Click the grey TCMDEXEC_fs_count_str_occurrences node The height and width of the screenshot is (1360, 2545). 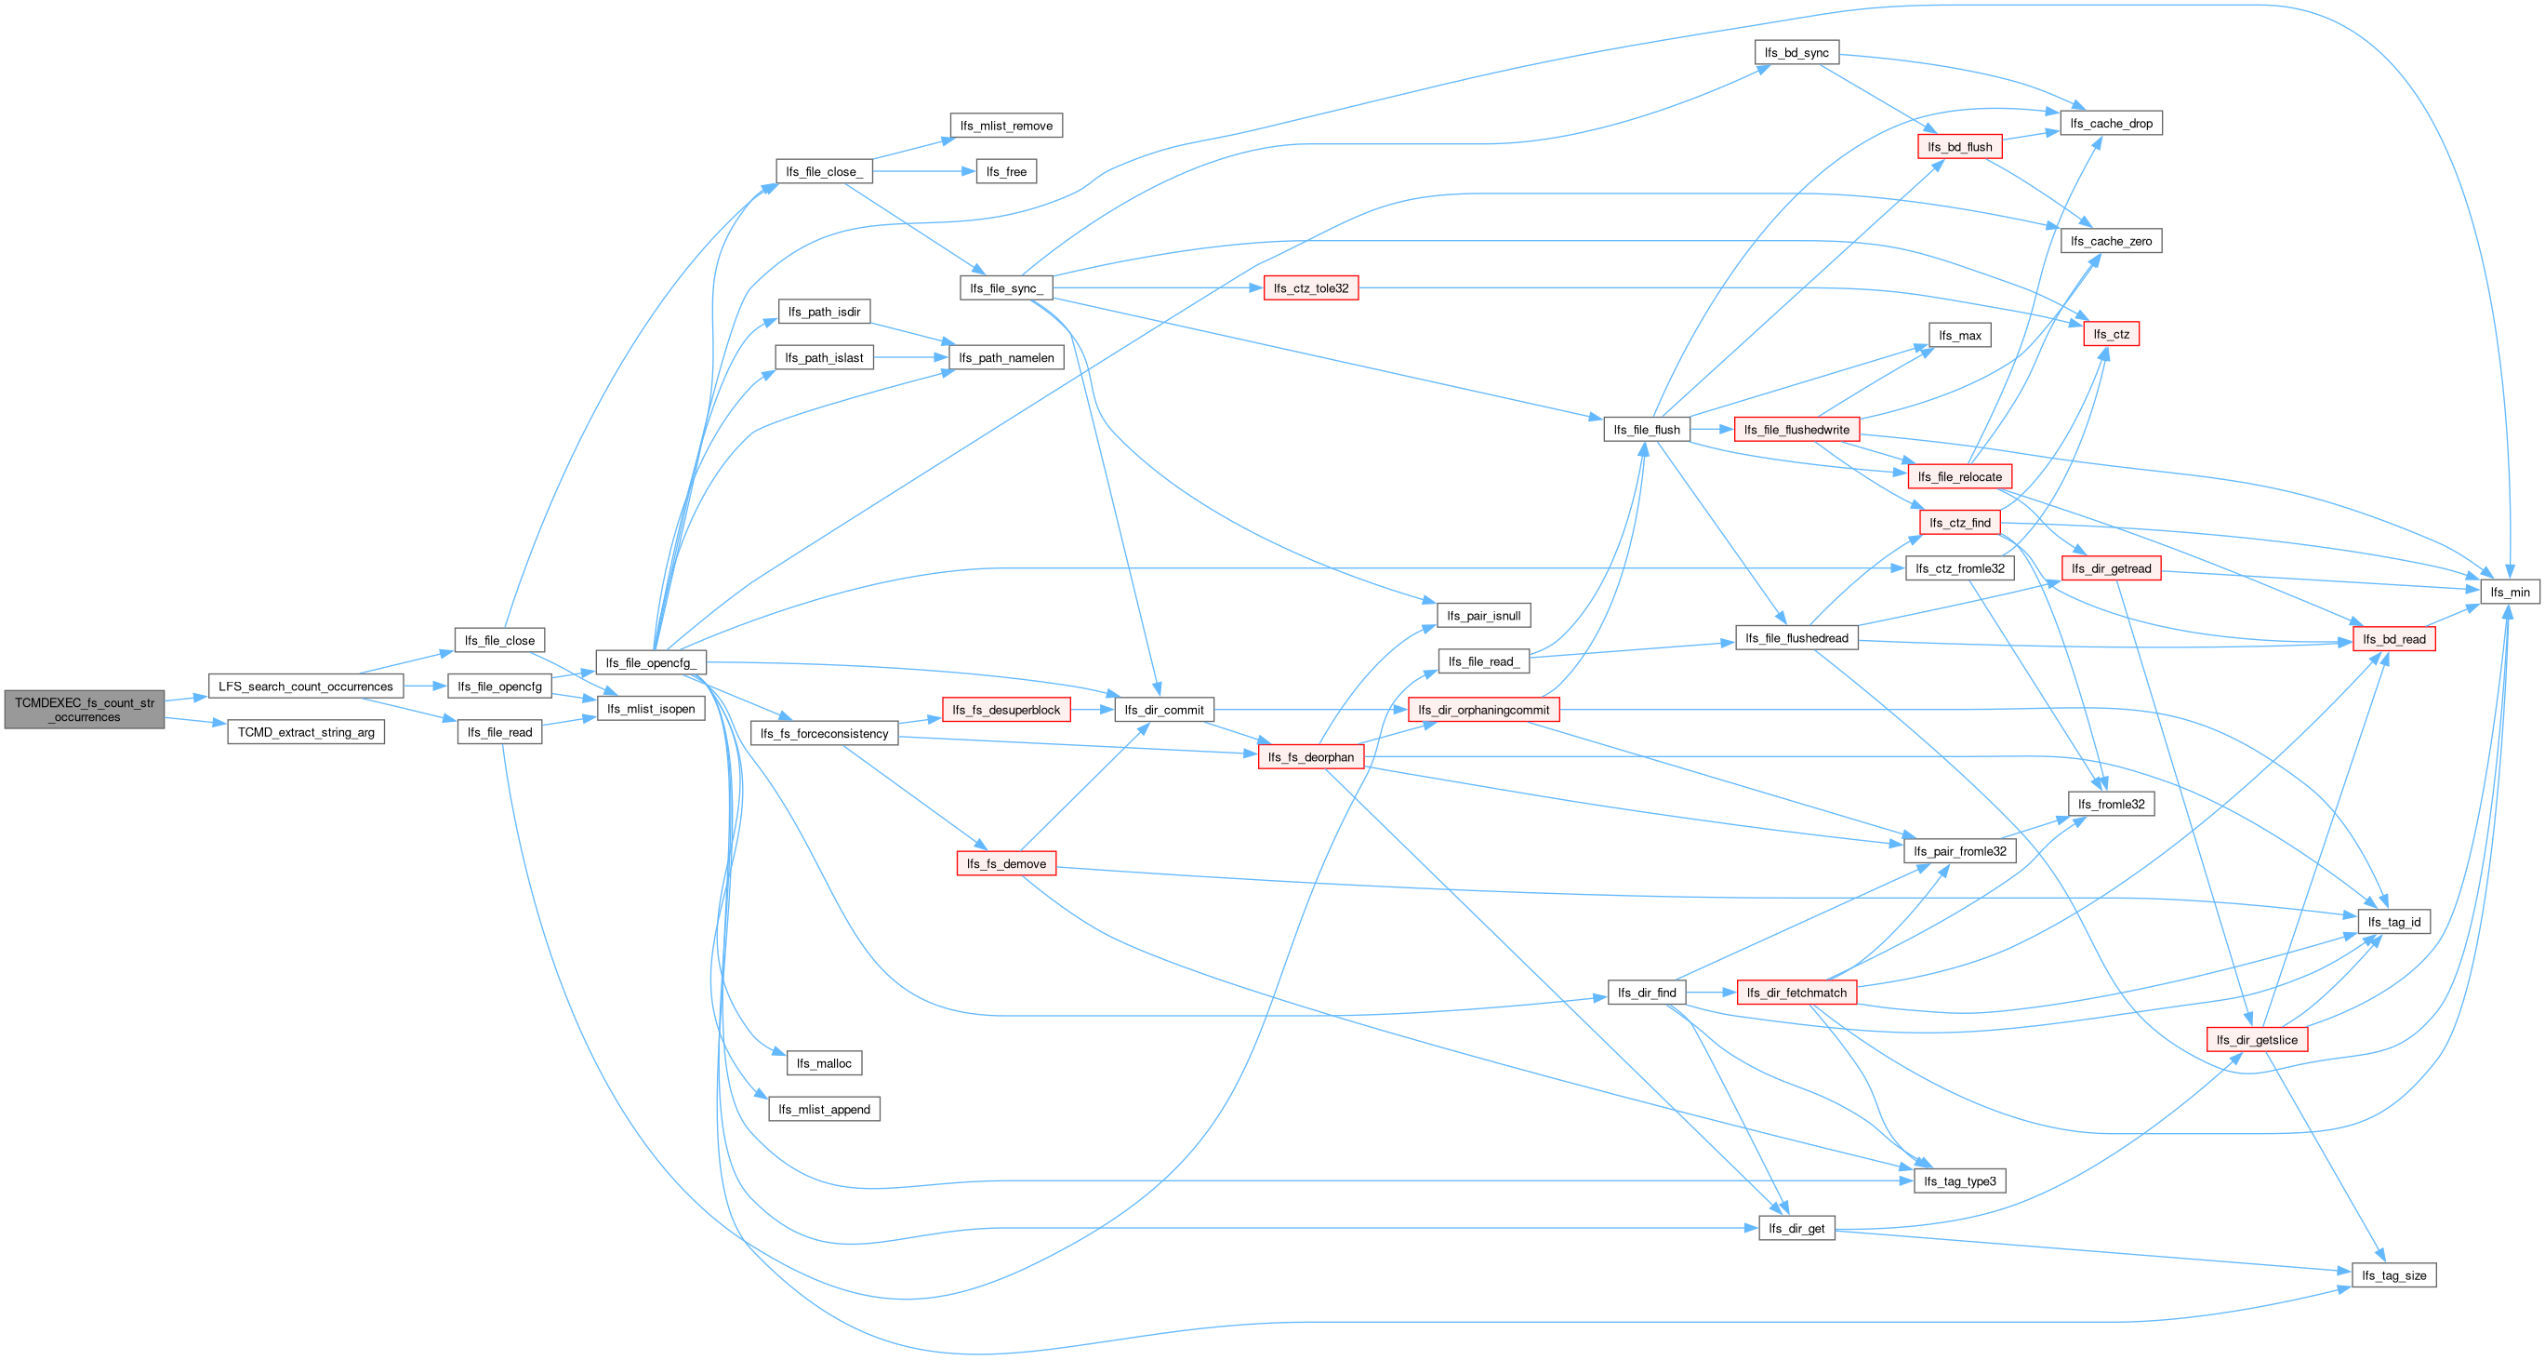tap(84, 710)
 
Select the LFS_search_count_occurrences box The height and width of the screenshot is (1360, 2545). tap(305, 686)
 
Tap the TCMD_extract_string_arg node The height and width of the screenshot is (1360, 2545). tap(305, 732)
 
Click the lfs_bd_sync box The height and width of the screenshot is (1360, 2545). tap(1796, 52)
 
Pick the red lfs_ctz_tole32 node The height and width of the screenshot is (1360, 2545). tap(1310, 287)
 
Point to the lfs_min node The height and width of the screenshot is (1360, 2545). tap(2510, 592)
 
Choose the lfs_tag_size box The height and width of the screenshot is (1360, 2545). tap(2393, 1275)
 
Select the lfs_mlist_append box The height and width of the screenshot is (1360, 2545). tap(823, 1109)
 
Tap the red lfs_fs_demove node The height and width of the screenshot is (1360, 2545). tap(1006, 864)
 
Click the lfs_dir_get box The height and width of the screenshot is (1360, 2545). tap(1796, 1228)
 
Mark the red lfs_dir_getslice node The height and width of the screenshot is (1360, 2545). tap(2257, 1040)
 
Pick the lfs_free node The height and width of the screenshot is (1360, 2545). tap(1006, 171)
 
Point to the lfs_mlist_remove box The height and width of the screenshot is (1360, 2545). tap(1006, 126)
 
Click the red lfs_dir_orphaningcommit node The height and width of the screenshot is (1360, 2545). tap(1483, 710)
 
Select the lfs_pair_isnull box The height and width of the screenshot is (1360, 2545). tap(1483, 616)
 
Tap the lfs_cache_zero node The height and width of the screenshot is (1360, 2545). tap(2111, 241)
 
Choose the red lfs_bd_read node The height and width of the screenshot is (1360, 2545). tap(2393, 639)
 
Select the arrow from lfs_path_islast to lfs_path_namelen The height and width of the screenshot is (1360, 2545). tap(910, 358)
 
